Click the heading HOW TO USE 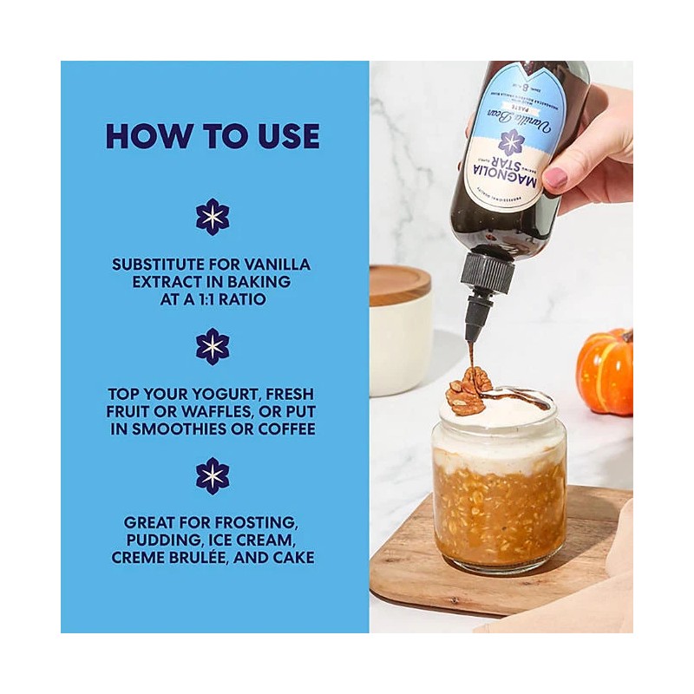(x=213, y=136)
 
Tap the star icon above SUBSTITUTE (x=213, y=217)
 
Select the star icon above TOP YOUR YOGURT (x=213, y=346)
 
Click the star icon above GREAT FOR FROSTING (x=213, y=475)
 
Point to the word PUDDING (x=154, y=540)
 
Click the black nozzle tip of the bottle (x=474, y=331)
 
